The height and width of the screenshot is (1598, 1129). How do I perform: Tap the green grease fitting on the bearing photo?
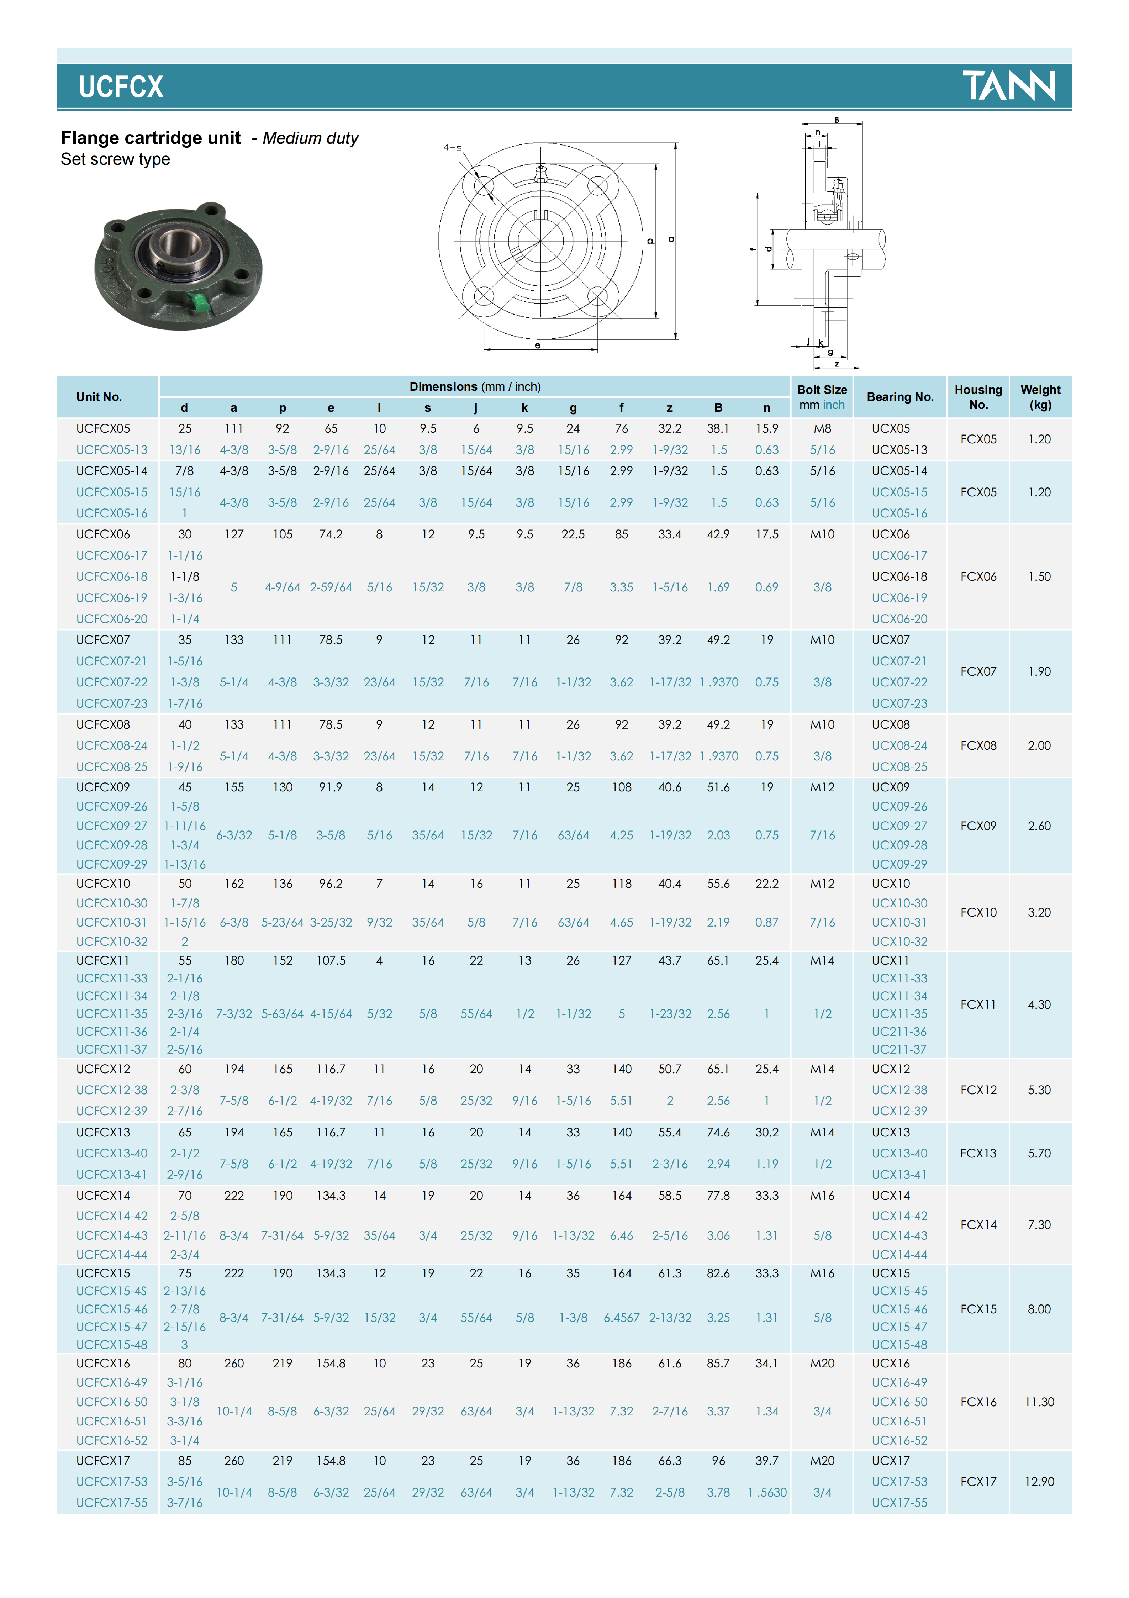coord(199,304)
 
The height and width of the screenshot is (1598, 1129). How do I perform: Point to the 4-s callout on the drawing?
coord(453,148)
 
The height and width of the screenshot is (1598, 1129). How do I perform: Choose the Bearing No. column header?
coord(899,397)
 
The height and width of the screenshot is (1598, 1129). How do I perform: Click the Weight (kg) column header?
coord(1040,397)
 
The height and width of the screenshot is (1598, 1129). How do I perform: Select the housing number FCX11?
coord(978,1004)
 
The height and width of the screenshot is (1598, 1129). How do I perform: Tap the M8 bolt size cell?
coord(822,429)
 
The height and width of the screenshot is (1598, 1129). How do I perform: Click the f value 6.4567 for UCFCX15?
coord(621,1318)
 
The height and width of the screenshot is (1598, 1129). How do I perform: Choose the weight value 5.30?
coord(1039,1090)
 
